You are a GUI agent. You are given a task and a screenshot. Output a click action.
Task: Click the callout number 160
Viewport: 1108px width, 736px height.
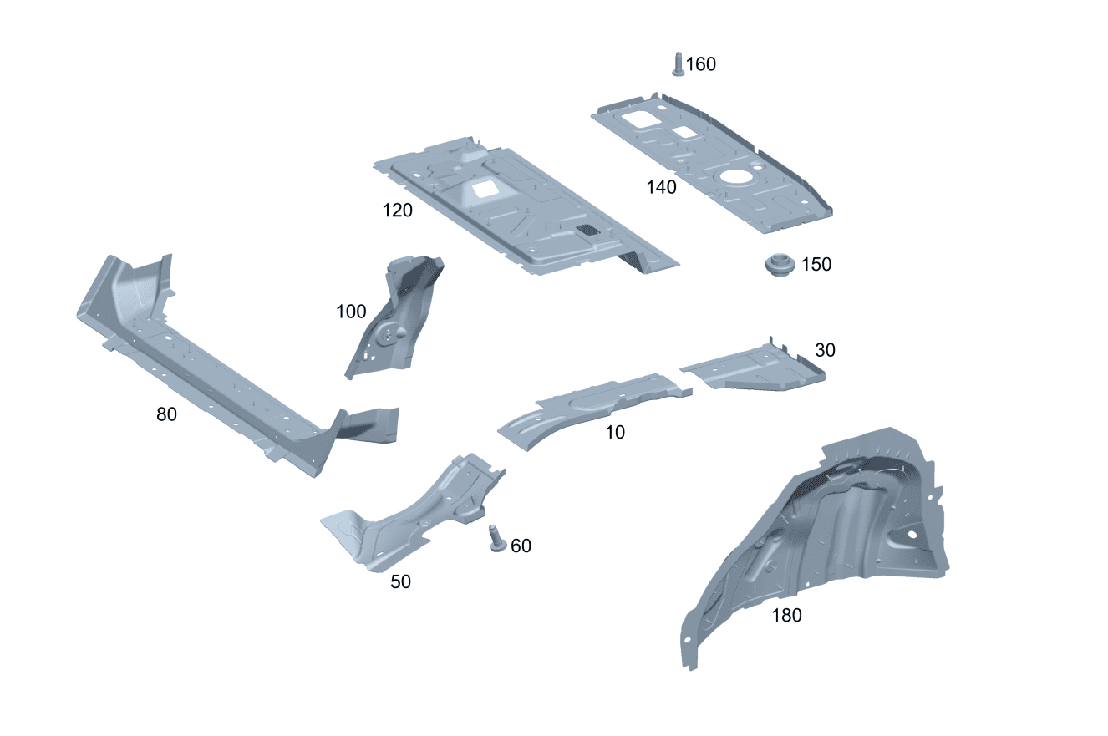(700, 64)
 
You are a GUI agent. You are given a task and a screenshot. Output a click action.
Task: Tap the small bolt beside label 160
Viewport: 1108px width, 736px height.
(678, 64)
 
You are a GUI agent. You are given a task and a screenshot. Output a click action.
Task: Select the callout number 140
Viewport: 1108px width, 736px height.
(661, 187)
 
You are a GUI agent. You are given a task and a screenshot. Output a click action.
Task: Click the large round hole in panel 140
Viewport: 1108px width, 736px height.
(735, 178)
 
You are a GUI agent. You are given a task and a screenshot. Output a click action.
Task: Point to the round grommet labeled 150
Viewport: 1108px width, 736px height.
(780, 265)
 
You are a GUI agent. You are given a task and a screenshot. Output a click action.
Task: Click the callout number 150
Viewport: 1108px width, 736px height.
(816, 265)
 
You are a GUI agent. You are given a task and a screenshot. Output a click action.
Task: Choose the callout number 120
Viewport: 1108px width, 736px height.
(397, 211)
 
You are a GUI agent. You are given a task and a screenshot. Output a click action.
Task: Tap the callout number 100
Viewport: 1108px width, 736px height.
(351, 312)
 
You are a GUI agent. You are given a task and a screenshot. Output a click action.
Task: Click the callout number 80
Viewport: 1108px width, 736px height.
(166, 414)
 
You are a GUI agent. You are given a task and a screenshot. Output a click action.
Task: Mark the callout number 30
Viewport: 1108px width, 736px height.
(825, 350)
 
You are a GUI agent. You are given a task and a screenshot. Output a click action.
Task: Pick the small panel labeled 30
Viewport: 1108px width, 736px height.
(754, 367)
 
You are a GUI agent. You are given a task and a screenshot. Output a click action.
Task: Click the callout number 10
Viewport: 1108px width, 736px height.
(615, 433)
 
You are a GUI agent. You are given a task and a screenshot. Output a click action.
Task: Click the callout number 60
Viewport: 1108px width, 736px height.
(521, 546)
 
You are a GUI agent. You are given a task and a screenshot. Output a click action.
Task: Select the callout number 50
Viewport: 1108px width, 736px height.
(400, 581)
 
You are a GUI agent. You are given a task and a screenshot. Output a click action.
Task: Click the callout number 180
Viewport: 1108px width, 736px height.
(786, 616)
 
